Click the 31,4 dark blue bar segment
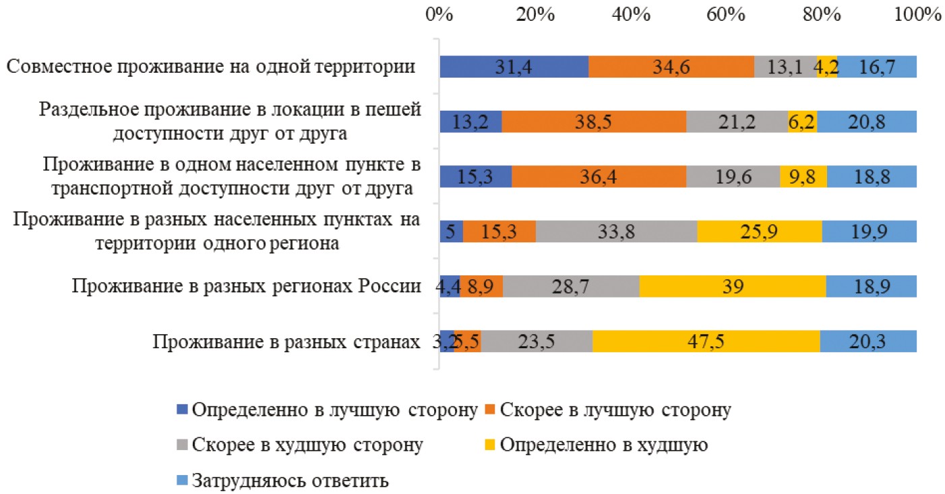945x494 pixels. (514, 67)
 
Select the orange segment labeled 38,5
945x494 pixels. (594, 121)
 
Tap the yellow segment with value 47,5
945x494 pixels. (706, 341)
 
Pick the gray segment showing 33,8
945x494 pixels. (616, 231)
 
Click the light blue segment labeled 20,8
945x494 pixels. (866, 121)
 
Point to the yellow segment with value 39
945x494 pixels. (732, 286)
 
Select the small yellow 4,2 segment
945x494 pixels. (826, 67)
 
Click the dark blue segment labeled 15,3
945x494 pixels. (475, 177)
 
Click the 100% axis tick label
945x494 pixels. (917, 13)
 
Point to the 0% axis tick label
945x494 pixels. (439, 13)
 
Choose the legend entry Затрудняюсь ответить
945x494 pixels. (291, 481)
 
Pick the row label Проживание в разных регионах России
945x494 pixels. (251, 286)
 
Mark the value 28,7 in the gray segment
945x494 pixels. (570, 286)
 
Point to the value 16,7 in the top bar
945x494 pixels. (877, 67)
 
